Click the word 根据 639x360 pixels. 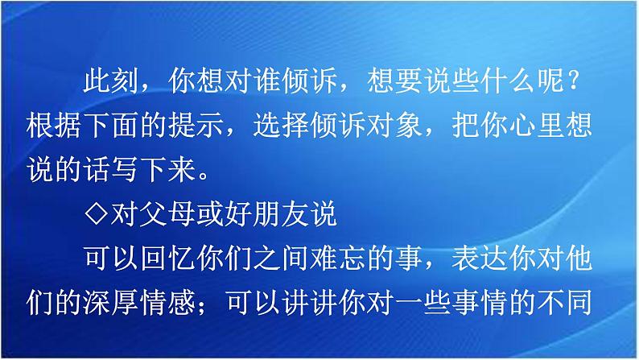pos(52,125)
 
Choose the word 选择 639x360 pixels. pos(299,125)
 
